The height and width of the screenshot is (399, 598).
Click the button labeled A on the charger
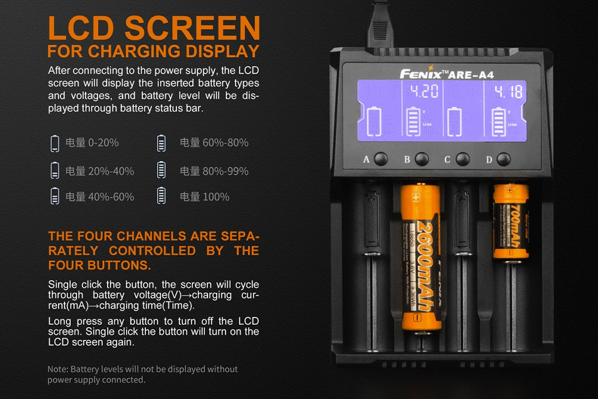click(x=381, y=159)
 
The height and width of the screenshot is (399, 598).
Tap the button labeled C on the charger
click(x=462, y=159)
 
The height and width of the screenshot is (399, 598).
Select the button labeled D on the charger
click(x=504, y=159)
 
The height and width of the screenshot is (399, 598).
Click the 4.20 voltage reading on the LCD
click(x=423, y=92)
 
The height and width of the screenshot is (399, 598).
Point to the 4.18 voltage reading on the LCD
click(x=507, y=92)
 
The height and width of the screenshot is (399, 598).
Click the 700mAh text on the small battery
click(x=515, y=224)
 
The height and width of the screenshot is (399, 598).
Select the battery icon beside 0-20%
click(x=55, y=143)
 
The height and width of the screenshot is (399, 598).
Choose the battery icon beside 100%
click(x=161, y=196)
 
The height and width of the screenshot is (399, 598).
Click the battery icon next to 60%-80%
click(x=161, y=143)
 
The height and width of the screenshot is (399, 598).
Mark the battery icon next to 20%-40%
click(x=55, y=171)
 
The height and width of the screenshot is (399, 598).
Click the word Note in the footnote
click(x=57, y=369)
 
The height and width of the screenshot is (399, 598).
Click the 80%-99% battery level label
click(x=213, y=171)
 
